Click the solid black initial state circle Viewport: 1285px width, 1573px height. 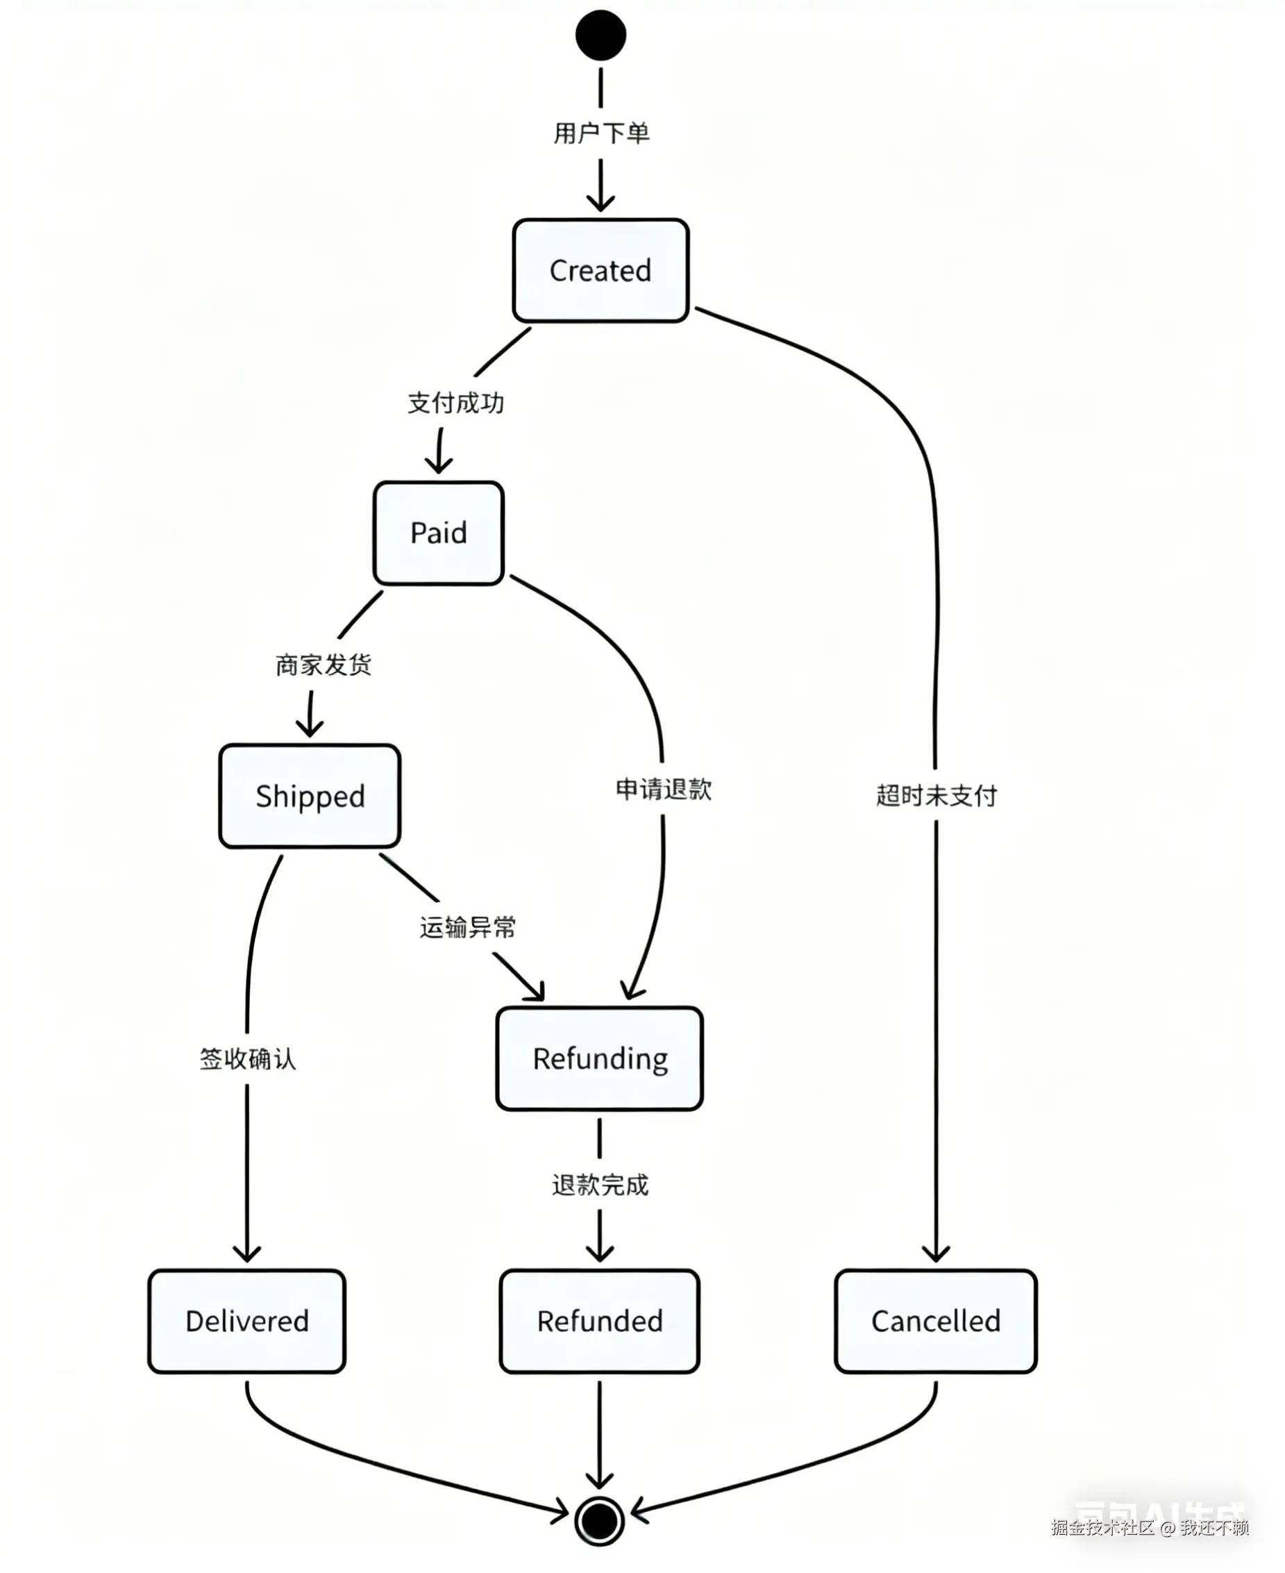[x=600, y=35]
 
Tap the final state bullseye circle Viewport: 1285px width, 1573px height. [x=600, y=1521]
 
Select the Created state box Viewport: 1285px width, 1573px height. [x=600, y=270]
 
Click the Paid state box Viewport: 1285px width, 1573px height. [x=439, y=533]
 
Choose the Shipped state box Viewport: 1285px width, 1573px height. [x=310, y=796]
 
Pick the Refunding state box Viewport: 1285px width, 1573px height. [x=600, y=1059]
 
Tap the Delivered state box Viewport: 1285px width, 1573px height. [x=247, y=1321]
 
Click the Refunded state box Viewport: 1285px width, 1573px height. [x=600, y=1321]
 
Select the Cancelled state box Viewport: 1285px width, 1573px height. [x=937, y=1321]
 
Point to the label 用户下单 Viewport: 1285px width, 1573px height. [x=601, y=133]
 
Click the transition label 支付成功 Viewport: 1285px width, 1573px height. [x=456, y=403]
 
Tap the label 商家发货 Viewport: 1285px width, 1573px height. [x=324, y=665]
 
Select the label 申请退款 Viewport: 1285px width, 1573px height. [x=664, y=790]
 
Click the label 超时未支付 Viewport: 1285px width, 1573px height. [x=937, y=795]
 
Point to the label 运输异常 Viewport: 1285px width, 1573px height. [x=468, y=927]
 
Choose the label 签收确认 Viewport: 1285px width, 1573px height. [x=248, y=1059]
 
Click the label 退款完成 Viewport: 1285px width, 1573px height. [x=600, y=1185]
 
